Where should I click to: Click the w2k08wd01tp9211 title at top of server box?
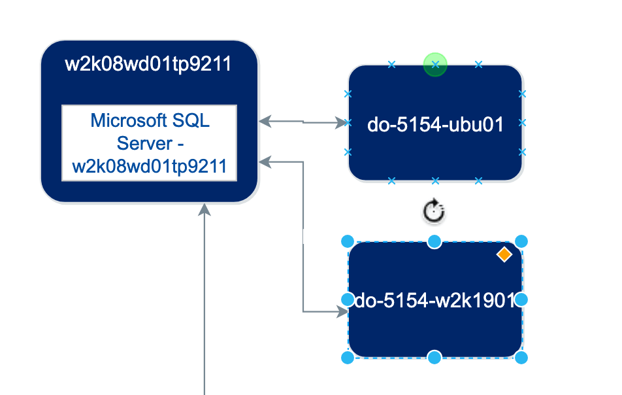tap(148, 64)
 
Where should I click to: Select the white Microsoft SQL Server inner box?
tap(149, 143)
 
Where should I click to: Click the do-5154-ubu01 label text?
tap(435, 124)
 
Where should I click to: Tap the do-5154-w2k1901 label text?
tap(435, 300)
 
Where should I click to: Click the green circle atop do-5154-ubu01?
tap(435, 65)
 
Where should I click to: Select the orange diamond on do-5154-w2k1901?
tap(504, 254)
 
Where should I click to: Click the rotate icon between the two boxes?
tap(434, 211)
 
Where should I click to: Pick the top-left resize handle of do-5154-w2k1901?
tap(348, 242)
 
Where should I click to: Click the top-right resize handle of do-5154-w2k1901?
tap(521, 242)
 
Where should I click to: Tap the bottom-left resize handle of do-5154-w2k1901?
tap(348, 357)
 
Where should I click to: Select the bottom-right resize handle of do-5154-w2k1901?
tap(521, 357)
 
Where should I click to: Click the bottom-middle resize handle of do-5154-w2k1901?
tap(434, 357)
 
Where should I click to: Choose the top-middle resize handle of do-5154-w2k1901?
tap(434, 242)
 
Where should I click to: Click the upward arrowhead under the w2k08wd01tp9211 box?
tap(205, 209)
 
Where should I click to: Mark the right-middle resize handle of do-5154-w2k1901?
tap(521, 300)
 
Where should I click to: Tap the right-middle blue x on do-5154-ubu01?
tap(522, 123)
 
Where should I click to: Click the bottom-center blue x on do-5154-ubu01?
tap(435, 180)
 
